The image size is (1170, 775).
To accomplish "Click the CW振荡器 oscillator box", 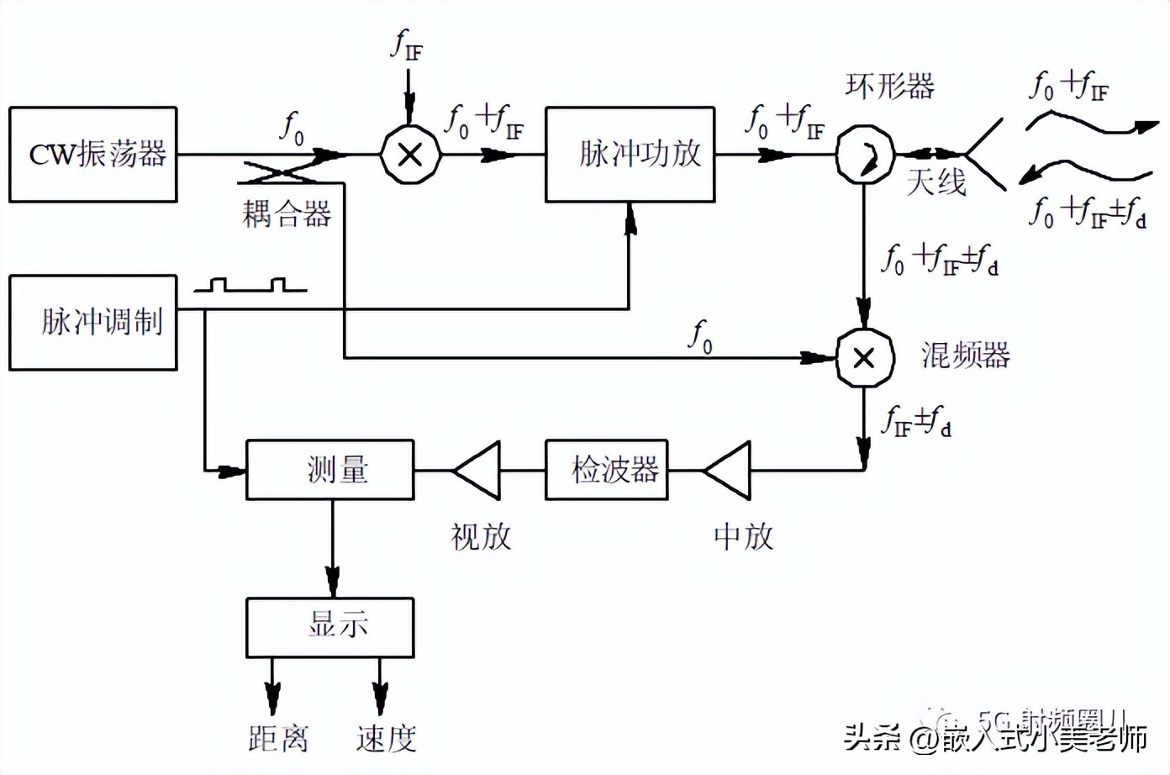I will pyautogui.click(x=93, y=155).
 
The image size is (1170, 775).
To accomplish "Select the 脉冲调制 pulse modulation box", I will pyautogui.click(x=93, y=323).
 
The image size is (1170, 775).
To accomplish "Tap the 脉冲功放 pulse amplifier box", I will pyautogui.click(x=630, y=155).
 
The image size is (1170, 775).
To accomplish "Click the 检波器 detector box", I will pyautogui.click(x=607, y=470).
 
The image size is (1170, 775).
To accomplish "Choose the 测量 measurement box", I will pyautogui.click(x=330, y=470).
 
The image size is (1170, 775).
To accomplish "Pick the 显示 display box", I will pyautogui.click(x=330, y=627).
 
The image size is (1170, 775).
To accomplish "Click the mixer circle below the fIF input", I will pyautogui.click(x=410, y=155).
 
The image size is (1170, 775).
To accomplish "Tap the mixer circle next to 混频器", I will pyautogui.click(x=864, y=359).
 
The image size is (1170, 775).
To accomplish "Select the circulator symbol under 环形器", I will pyautogui.click(x=865, y=155).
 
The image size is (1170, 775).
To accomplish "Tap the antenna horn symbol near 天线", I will pyautogui.click(x=983, y=156).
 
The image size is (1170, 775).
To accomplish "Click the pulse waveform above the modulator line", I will pyautogui.click(x=250, y=285).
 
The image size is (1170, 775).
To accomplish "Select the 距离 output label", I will pyautogui.click(x=278, y=739).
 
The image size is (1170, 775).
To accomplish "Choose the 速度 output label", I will pyautogui.click(x=386, y=739).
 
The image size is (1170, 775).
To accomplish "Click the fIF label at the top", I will pyautogui.click(x=408, y=45).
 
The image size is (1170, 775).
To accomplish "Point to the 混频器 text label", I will pyautogui.click(x=966, y=356).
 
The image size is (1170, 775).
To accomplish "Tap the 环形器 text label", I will pyautogui.click(x=890, y=86).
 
